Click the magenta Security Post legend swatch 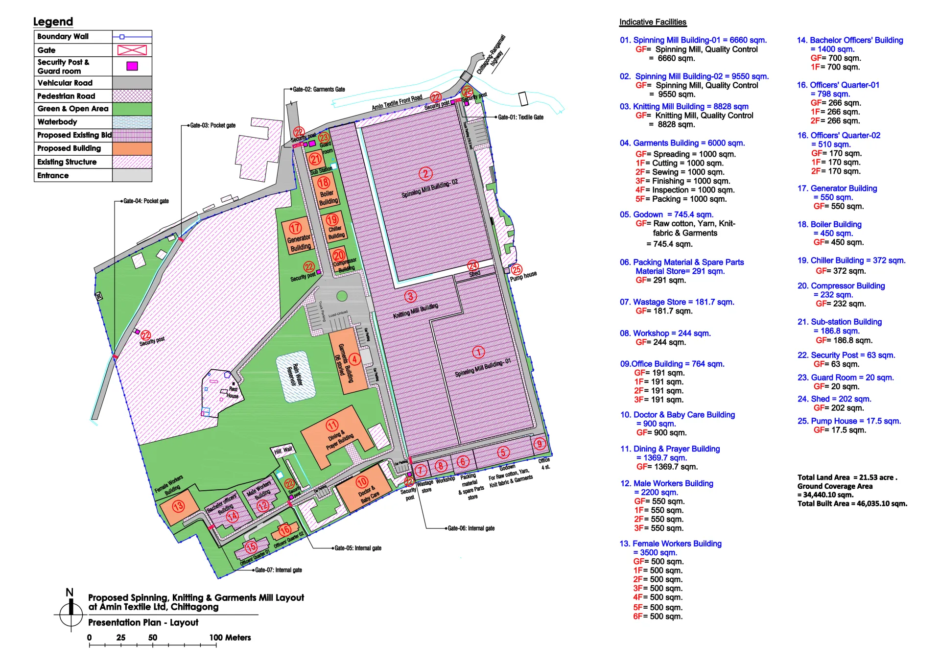pyautogui.click(x=132, y=66)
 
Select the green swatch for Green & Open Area pyautogui.click(x=132, y=109)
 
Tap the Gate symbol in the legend pyautogui.click(x=132, y=50)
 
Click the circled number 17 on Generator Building pyautogui.click(x=295, y=228)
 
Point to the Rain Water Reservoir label pyautogui.click(x=295, y=376)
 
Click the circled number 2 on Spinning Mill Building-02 pyautogui.click(x=425, y=173)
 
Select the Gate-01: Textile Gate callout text pyautogui.click(x=520, y=118)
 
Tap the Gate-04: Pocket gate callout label pyautogui.click(x=146, y=201)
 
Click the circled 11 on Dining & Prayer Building pyautogui.click(x=332, y=425)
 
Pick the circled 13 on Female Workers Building pyautogui.click(x=178, y=506)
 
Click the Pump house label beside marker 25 pyautogui.click(x=523, y=276)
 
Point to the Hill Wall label pyautogui.click(x=283, y=450)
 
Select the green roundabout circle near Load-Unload pyautogui.click(x=342, y=296)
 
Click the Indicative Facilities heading pyautogui.click(x=653, y=22)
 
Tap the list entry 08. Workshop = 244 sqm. pyautogui.click(x=665, y=333)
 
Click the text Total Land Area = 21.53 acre pyautogui.click(x=847, y=477)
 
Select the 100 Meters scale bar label pyautogui.click(x=230, y=638)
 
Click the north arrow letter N pyautogui.click(x=70, y=593)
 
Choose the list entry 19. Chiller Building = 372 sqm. pyautogui.click(x=851, y=261)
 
